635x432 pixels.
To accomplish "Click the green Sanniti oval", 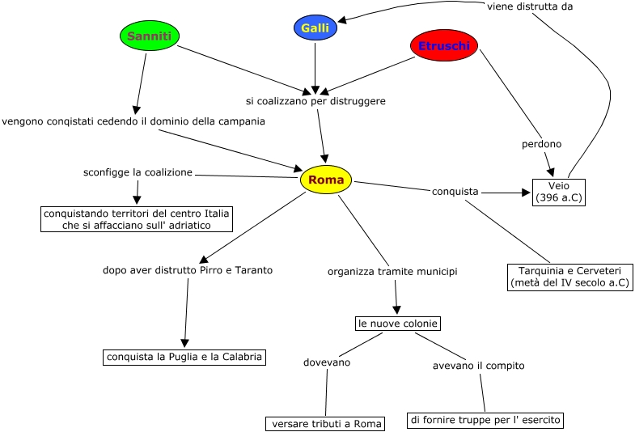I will (x=150, y=36).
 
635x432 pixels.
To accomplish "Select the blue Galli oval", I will (x=315, y=28).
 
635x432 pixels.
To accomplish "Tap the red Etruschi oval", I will (x=444, y=46).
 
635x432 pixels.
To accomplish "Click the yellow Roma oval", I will (x=326, y=180).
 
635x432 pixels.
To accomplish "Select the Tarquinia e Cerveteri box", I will (x=570, y=277).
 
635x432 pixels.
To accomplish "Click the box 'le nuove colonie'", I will (x=398, y=324).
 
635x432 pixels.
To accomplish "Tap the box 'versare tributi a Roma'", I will (x=325, y=424).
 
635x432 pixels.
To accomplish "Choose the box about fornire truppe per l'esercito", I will (x=485, y=420).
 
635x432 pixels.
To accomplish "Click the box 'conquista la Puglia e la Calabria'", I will (x=184, y=357).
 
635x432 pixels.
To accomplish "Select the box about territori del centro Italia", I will (x=137, y=219).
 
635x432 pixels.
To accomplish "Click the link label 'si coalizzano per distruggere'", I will (x=315, y=102).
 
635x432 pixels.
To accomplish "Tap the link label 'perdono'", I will (x=541, y=144).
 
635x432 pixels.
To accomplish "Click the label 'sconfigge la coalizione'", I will (x=138, y=172).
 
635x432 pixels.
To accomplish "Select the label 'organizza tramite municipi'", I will (x=392, y=272).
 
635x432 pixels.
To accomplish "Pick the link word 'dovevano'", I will (x=327, y=363).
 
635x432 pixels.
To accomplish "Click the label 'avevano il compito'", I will (x=479, y=366).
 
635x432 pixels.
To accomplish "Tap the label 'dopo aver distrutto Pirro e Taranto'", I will (x=188, y=270).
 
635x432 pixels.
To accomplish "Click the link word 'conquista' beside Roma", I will (x=455, y=192).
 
